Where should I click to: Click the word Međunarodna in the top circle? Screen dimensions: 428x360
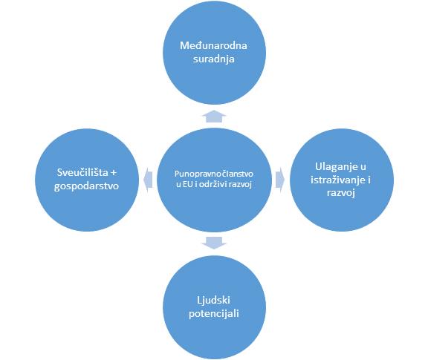coord(213,45)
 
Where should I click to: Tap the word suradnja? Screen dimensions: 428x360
coord(214,59)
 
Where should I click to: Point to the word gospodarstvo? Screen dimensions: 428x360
coord(86,186)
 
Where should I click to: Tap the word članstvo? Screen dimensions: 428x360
coord(236,174)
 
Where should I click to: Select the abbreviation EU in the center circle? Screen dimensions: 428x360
coord(187,185)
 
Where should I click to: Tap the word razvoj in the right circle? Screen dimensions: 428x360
coord(341,193)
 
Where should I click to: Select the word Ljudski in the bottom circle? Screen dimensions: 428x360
coord(213,301)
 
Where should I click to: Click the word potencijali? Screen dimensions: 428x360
coord(214,314)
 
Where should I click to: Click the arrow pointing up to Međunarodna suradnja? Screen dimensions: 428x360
coord(214,117)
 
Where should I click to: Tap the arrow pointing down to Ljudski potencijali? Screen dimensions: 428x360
coord(214,243)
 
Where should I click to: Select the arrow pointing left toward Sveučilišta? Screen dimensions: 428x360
coord(148,180)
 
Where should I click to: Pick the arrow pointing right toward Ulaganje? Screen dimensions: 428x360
coord(280,180)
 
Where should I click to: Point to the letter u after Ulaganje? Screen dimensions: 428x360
coord(363,167)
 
